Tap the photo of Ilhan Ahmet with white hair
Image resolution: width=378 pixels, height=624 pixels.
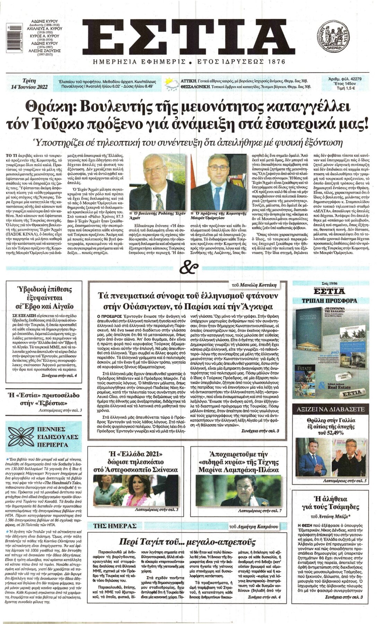157,182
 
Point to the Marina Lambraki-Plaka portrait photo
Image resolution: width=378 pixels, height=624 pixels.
238,491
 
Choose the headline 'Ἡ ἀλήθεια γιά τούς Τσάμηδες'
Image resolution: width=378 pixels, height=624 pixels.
330,503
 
